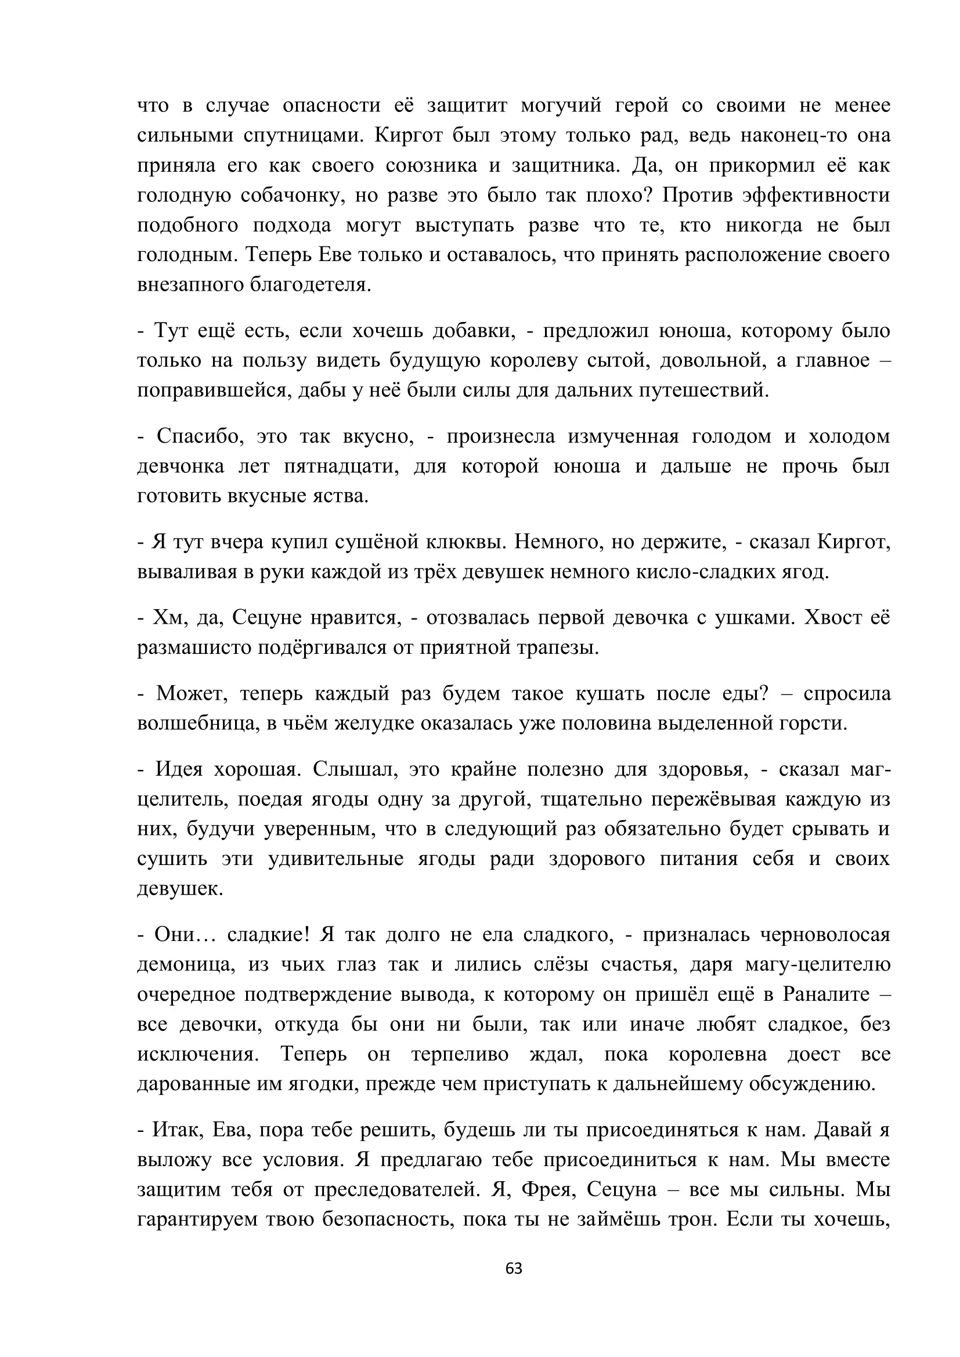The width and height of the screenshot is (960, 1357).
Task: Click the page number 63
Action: pos(514,1268)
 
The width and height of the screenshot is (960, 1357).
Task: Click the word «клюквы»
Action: pos(457,541)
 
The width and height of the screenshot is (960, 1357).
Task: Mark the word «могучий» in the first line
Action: pos(561,105)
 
